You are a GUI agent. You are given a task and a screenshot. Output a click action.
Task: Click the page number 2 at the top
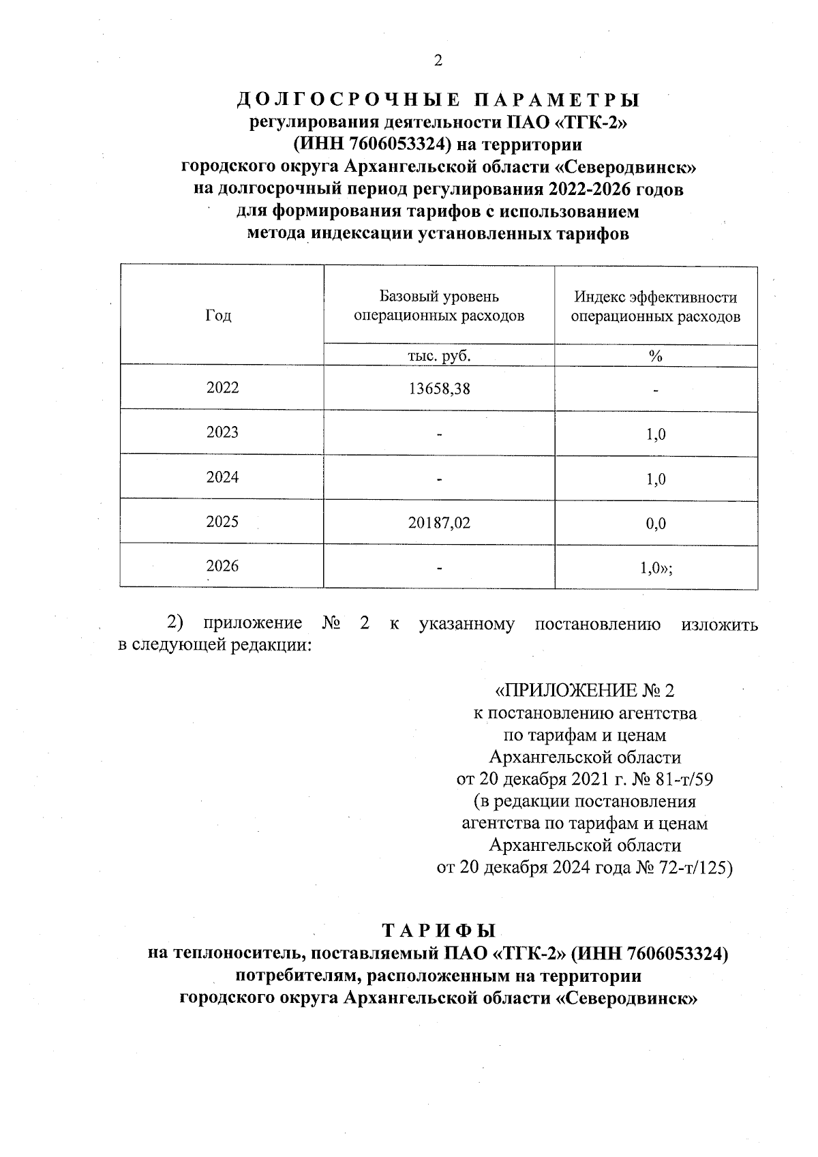(x=438, y=61)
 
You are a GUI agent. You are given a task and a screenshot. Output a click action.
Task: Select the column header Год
(x=218, y=316)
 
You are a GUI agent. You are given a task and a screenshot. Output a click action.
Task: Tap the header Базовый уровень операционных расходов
(x=439, y=306)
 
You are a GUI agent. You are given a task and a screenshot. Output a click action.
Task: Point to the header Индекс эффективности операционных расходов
(x=656, y=307)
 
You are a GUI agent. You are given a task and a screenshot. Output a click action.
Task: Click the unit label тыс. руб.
(x=439, y=355)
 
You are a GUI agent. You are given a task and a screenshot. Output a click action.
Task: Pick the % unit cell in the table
(x=656, y=355)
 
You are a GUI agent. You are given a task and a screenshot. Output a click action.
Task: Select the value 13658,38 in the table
(x=440, y=389)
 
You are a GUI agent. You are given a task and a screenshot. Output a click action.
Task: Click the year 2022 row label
(x=222, y=388)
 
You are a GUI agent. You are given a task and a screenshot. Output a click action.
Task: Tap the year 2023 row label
(x=222, y=432)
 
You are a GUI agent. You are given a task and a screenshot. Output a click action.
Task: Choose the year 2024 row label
(x=222, y=477)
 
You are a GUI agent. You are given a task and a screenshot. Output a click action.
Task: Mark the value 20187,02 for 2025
(x=440, y=523)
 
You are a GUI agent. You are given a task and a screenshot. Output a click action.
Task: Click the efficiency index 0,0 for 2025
(x=656, y=524)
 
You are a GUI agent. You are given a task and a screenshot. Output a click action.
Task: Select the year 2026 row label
(x=222, y=567)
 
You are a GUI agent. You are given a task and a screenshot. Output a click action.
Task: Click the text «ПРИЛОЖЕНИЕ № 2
(x=584, y=691)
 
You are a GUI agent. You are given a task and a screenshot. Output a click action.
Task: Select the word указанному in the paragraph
(x=467, y=624)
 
